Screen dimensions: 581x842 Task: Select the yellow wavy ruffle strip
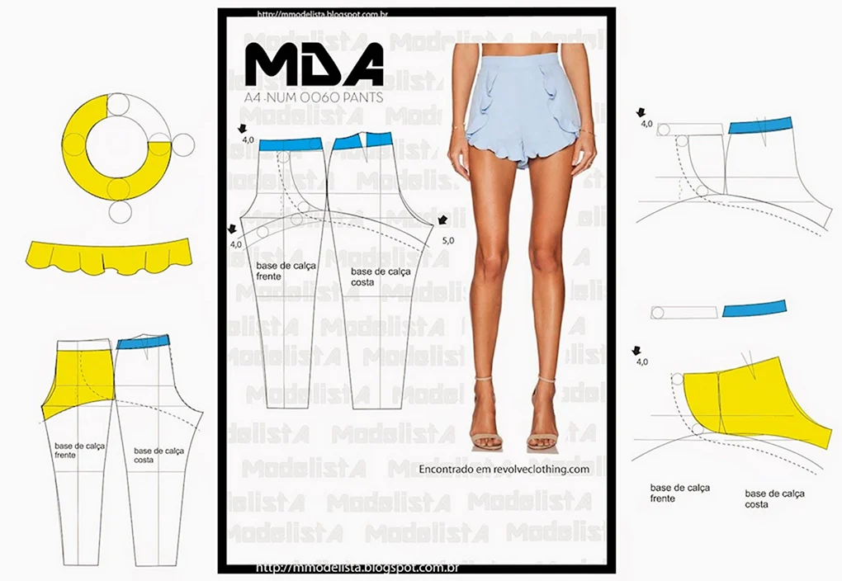109,256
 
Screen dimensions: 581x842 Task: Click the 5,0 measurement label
449,241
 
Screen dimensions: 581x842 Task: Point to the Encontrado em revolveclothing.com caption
504,469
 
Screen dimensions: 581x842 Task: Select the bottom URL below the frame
358,569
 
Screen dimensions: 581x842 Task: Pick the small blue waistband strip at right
754,309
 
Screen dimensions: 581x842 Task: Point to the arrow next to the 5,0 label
443,220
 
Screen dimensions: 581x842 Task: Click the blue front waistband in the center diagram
290,144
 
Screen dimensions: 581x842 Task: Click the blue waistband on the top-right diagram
760,125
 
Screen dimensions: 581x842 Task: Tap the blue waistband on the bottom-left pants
143,342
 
